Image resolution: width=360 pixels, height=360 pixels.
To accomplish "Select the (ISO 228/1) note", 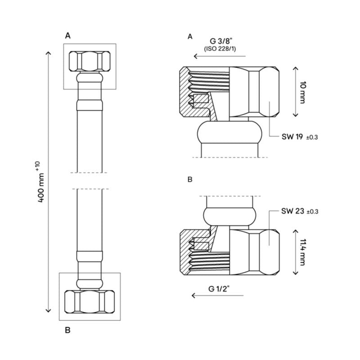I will point(221,49).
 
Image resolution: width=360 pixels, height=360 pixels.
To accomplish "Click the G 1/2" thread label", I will point(220,288).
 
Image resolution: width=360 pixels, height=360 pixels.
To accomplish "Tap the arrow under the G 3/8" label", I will point(220,57).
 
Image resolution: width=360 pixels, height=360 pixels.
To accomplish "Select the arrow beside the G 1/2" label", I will point(217,296).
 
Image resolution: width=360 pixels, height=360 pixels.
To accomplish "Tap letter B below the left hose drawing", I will point(67,330).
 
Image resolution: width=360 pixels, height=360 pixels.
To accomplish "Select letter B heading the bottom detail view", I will point(189,179).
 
